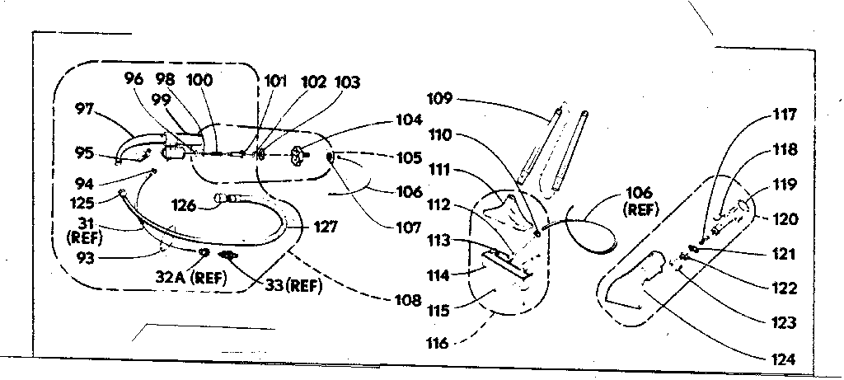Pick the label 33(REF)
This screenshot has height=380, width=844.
(293, 286)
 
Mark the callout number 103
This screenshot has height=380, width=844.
(348, 82)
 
